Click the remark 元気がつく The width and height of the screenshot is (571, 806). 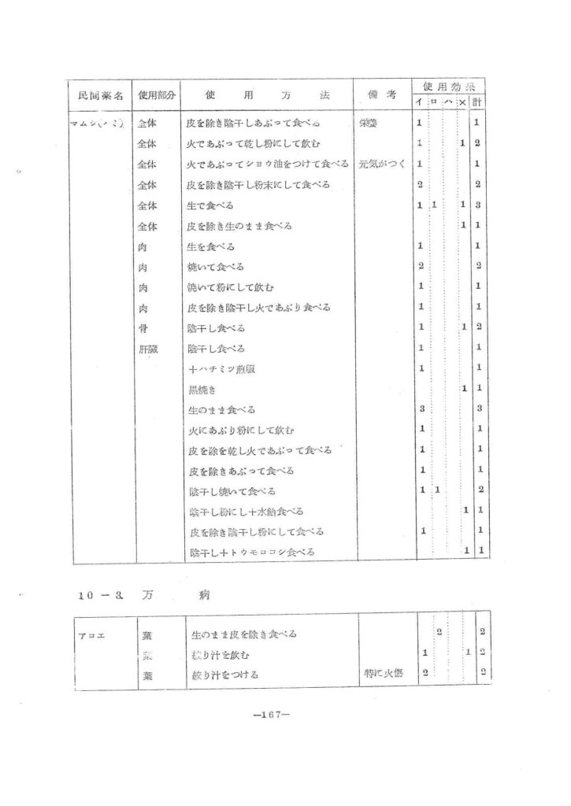tap(381, 165)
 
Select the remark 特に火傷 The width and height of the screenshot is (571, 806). tap(384, 675)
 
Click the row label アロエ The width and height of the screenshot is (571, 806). tap(87, 634)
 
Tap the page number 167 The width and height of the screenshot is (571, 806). tap(273, 717)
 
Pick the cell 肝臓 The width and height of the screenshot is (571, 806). tap(147, 348)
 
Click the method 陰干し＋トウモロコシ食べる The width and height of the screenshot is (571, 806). tap(252, 553)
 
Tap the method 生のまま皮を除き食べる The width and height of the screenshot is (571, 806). tap(245, 634)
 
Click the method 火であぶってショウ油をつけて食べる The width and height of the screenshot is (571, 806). tap(267, 165)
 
